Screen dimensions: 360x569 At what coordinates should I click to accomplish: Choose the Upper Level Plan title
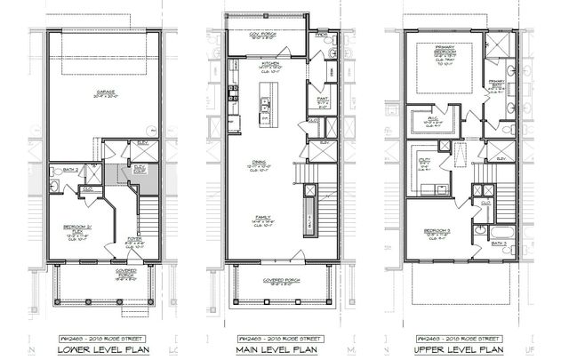pyautogui.click(x=461, y=348)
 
